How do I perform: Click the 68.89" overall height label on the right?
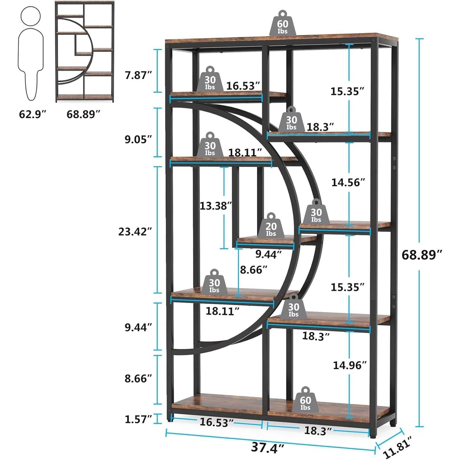tap(422, 255)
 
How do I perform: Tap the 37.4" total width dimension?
tap(268, 447)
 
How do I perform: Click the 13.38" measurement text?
tap(216, 206)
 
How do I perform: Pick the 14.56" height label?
tap(348, 182)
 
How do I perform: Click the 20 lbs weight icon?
tap(271, 226)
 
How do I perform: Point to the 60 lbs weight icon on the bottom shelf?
tap(305, 400)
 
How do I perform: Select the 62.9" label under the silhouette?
tap(33, 114)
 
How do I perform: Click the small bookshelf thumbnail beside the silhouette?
tap(84, 52)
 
